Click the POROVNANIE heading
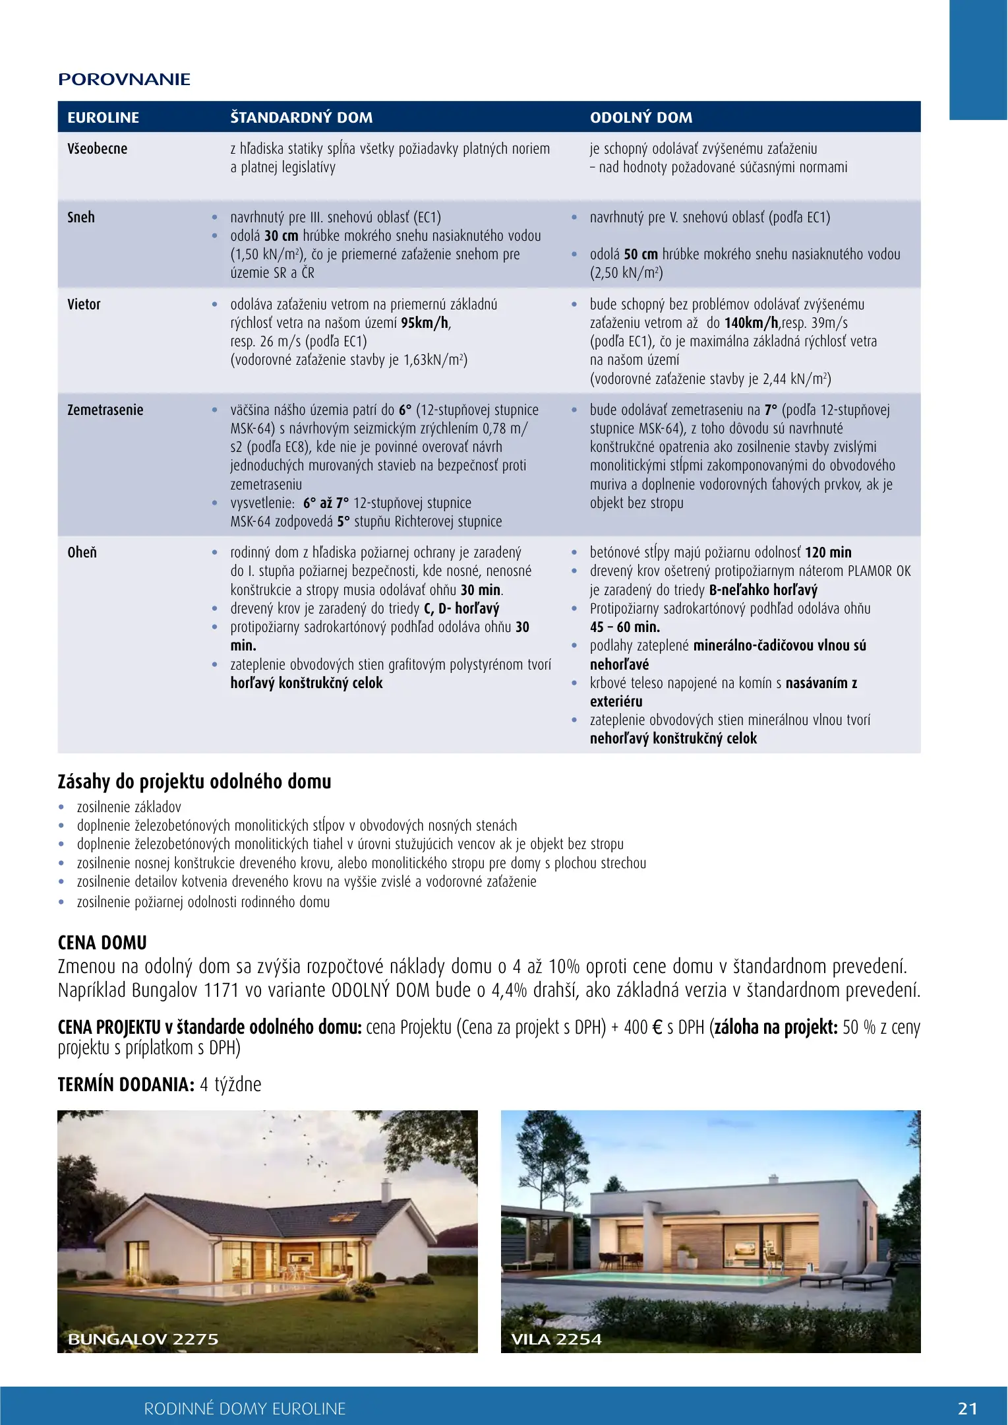click(124, 80)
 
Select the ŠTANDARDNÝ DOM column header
click(301, 117)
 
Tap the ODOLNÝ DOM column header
click(641, 117)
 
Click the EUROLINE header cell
click(103, 117)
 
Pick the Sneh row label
click(81, 217)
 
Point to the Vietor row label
click(84, 304)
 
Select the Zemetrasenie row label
click(105, 410)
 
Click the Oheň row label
click(82, 552)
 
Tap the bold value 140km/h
click(752, 323)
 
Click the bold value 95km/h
click(425, 323)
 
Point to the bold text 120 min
click(828, 552)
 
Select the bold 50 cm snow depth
click(641, 254)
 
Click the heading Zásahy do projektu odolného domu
click(194, 781)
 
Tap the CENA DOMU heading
click(102, 942)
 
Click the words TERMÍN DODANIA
click(125, 1084)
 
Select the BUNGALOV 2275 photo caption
click(143, 1339)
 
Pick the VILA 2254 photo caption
click(556, 1339)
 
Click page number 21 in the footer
click(967, 1409)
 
